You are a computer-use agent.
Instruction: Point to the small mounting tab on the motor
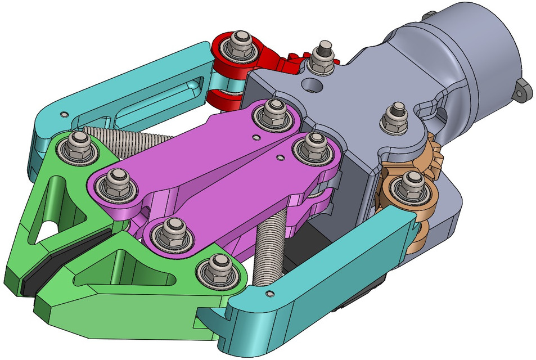(523, 90)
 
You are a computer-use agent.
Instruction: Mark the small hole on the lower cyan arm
(272, 294)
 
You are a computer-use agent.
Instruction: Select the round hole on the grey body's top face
(310, 85)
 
